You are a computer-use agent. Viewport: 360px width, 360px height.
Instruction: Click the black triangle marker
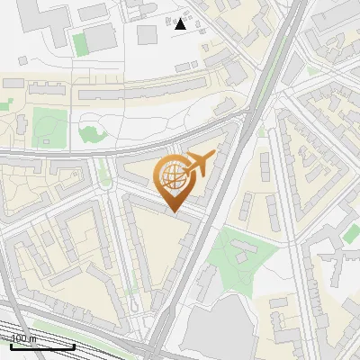click(x=180, y=23)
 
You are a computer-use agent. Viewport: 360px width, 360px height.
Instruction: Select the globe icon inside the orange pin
click(x=171, y=176)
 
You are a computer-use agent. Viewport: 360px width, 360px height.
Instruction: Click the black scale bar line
click(x=42, y=346)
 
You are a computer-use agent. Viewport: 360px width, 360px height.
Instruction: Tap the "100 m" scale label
click(x=23, y=338)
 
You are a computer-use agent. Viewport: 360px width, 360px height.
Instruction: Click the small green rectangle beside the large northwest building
click(x=80, y=44)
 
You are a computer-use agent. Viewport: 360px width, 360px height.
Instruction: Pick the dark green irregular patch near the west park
click(x=91, y=134)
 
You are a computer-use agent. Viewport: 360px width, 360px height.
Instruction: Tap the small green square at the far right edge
click(x=351, y=233)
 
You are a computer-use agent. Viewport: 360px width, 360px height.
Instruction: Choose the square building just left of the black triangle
click(x=148, y=34)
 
